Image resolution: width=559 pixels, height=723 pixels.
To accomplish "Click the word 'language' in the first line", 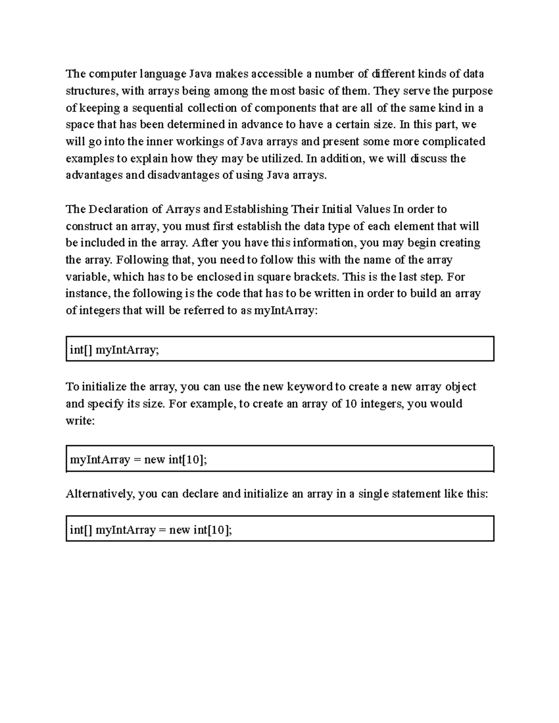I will click(163, 74).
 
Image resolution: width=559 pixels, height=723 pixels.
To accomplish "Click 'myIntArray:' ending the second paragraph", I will click(286, 311).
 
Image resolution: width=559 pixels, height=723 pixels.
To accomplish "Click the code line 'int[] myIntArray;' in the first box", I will click(114, 350).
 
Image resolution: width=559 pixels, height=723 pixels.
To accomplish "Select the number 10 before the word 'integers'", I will click(351, 404).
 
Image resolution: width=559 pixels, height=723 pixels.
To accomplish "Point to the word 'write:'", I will click(80, 421).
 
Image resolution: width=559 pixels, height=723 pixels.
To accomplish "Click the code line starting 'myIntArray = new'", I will click(138, 460).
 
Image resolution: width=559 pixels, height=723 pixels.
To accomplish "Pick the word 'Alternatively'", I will click(99, 494).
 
